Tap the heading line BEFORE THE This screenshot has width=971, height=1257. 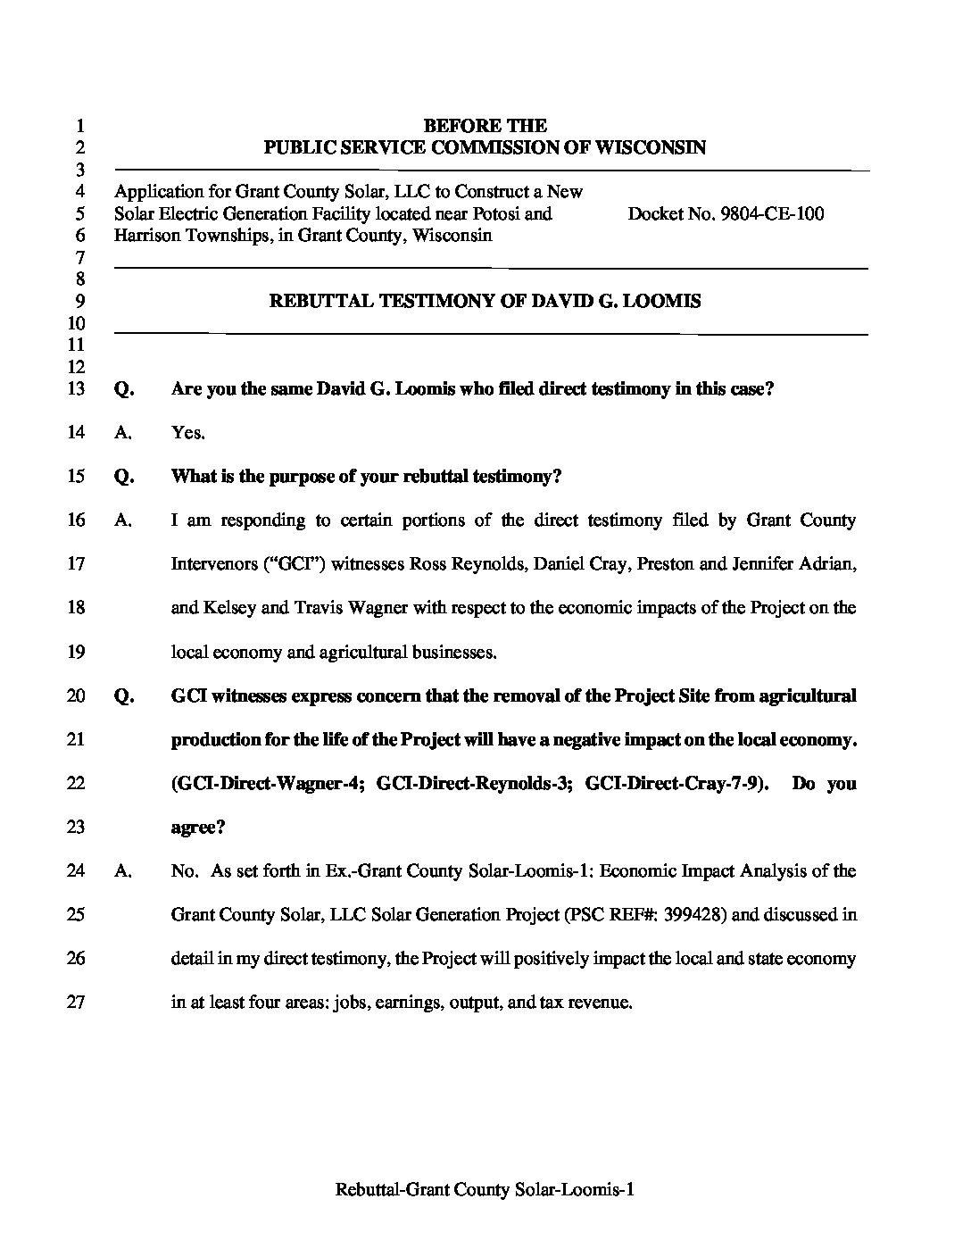[x=485, y=126]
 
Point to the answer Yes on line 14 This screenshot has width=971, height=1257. [x=187, y=433]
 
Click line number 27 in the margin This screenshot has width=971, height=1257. [x=76, y=1003]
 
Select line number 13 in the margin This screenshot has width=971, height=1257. [x=76, y=389]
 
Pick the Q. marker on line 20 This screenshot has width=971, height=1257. [x=124, y=696]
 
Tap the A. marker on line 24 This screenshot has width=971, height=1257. [x=124, y=871]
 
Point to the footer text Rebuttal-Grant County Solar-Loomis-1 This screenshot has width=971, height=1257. [x=485, y=1190]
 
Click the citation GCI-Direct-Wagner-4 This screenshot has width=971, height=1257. [x=268, y=784]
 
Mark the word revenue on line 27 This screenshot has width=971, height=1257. [x=602, y=1003]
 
